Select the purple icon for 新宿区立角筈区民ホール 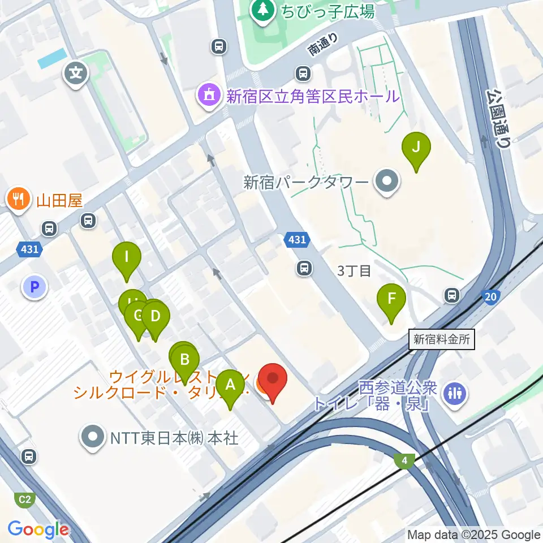[x=209, y=96]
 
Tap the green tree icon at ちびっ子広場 [x=263, y=10]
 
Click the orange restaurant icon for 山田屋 [x=19, y=200]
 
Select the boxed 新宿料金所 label [x=441, y=339]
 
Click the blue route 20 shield [x=490, y=296]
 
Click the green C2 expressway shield [x=24, y=499]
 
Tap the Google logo [x=38, y=529]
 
